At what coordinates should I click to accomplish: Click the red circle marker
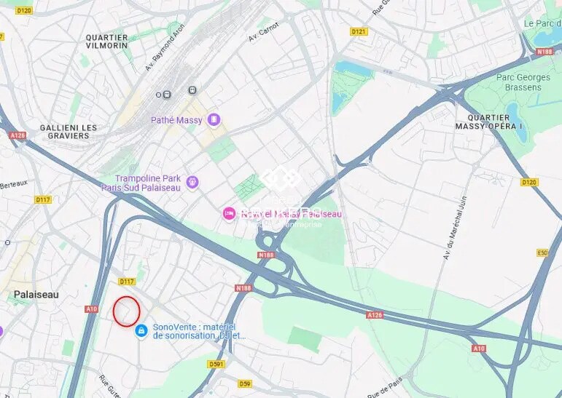coord(126,311)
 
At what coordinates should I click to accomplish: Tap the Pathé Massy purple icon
coord(214,119)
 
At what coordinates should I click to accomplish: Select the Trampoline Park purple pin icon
coord(192,181)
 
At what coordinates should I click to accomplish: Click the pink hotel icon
coord(229,213)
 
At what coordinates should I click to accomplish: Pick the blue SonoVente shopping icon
coord(141,331)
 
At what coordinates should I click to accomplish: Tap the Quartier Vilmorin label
coord(106,41)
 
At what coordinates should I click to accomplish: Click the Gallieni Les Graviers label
coord(69,132)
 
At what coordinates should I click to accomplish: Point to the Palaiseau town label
coord(36,294)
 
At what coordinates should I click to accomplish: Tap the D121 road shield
coord(359,31)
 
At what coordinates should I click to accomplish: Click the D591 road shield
coord(216,364)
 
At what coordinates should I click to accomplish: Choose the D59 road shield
coord(244,383)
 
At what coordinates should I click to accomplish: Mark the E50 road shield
coord(542,252)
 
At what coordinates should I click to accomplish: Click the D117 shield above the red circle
coord(127,282)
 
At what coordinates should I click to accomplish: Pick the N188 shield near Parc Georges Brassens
coord(545,52)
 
